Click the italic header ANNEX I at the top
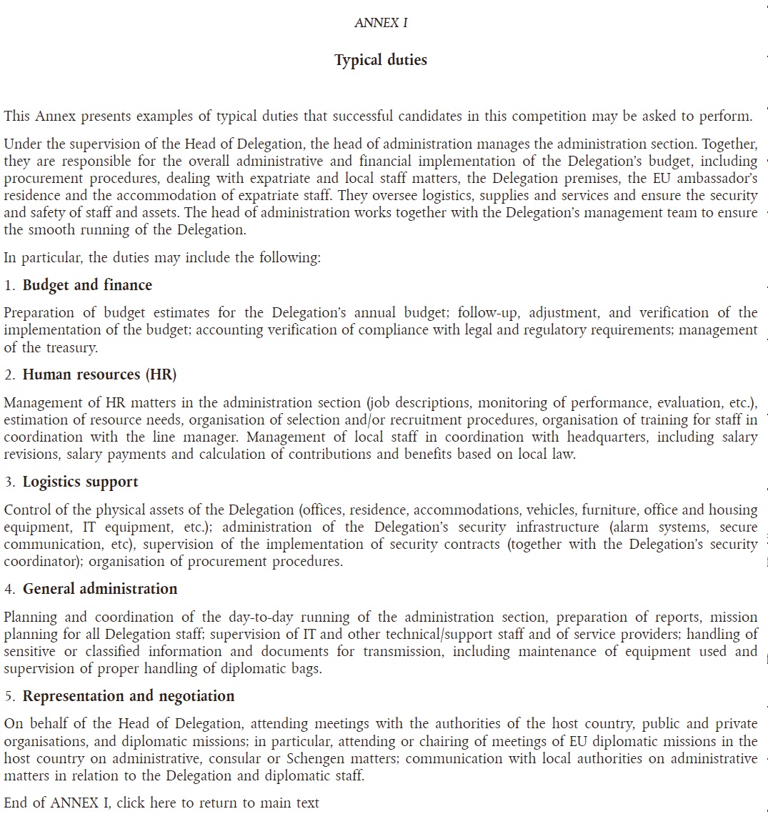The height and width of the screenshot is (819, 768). (381, 23)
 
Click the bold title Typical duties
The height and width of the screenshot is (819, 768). (381, 60)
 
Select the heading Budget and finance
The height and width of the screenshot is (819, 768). (87, 285)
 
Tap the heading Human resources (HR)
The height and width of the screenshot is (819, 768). (99, 374)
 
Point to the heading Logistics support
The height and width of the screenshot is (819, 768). (80, 482)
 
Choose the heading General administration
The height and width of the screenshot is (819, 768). (100, 589)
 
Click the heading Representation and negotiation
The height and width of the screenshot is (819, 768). (129, 696)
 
